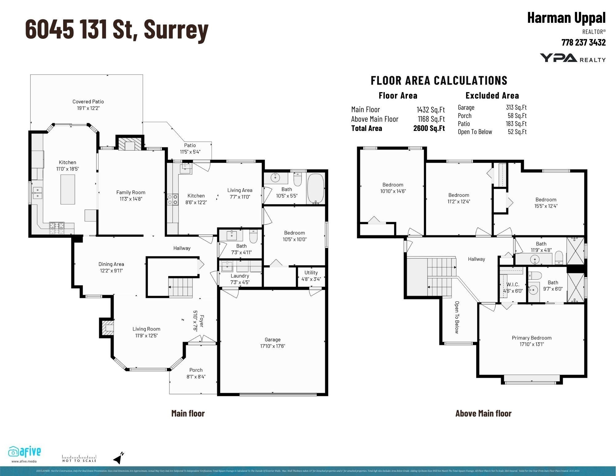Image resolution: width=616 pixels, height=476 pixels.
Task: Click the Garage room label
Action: [x=272, y=340]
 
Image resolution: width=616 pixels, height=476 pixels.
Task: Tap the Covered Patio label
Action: [x=88, y=102]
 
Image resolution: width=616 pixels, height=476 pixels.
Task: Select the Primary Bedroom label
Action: [x=531, y=338]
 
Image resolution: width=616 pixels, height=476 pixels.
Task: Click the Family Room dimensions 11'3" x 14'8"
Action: [x=131, y=199]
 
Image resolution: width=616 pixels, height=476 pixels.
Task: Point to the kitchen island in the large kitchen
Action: [x=68, y=189]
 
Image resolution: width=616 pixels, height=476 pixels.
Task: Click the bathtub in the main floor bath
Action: [x=316, y=188]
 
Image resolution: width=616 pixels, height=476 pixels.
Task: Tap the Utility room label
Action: [x=311, y=273]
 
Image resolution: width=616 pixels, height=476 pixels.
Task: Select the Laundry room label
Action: [x=240, y=276]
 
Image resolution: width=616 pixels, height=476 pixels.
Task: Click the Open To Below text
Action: [x=457, y=317]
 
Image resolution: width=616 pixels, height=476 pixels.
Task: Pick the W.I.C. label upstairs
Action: [x=513, y=284]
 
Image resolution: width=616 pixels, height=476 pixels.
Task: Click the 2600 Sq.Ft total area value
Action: [x=429, y=128]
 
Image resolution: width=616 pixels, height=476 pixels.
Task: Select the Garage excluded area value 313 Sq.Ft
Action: [x=516, y=108]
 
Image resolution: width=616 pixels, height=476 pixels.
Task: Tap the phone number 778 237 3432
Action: [x=583, y=43]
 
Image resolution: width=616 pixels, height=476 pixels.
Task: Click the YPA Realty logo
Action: [x=572, y=58]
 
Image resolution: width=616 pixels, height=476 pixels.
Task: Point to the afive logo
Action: [x=25, y=452]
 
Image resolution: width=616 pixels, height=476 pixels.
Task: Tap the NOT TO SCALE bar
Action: [x=79, y=458]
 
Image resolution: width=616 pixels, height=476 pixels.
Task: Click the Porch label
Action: [x=196, y=370]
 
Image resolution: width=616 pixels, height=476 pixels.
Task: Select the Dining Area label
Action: [x=111, y=264]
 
